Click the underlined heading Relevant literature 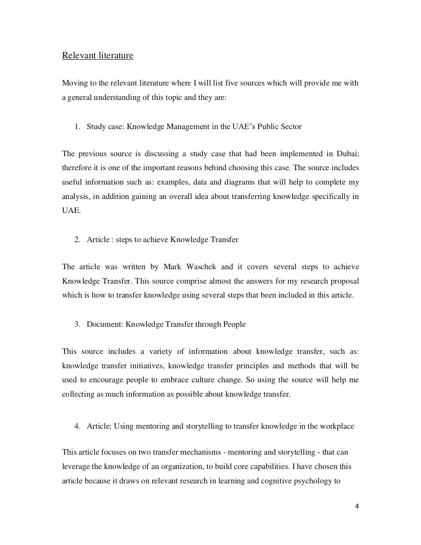(97, 55)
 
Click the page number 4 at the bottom (357, 506)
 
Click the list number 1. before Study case (77, 127)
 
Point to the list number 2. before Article (77, 240)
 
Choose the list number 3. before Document (77, 324)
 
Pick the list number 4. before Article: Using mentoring (77, 426)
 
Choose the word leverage (75, 466)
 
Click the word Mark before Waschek (172, 267)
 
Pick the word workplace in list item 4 (339, 426)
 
